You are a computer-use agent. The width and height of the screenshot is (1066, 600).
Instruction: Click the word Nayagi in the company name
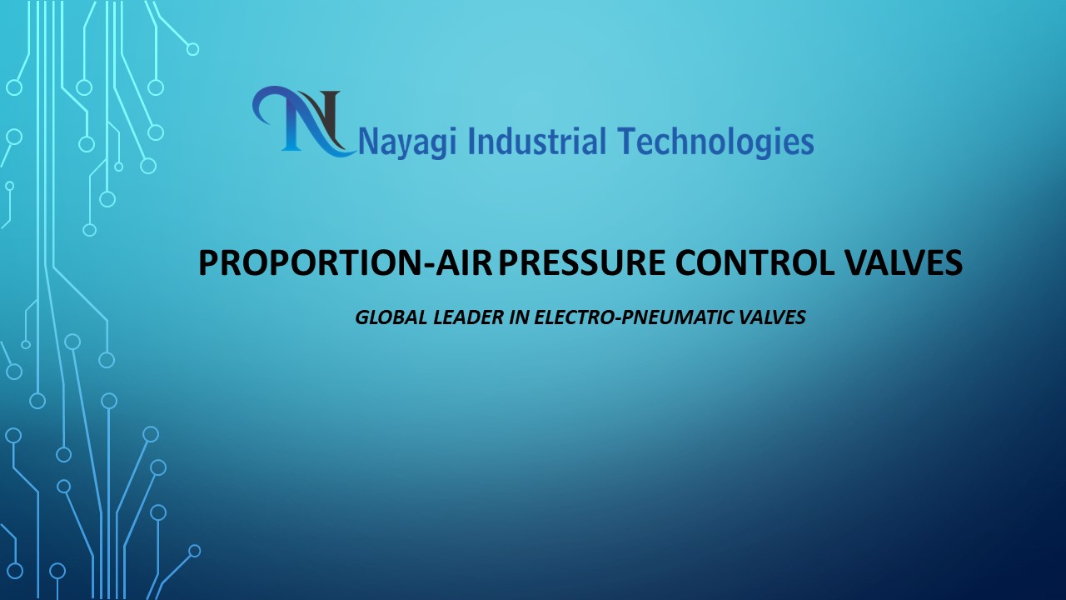click(x=408, y=142)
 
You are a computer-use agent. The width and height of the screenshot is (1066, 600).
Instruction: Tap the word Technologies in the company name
click(x=715, y=142)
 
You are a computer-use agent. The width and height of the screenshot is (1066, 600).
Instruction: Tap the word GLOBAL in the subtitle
click(x=385, y=317)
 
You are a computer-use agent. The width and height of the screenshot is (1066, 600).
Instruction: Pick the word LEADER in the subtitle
click(x=458, y=317)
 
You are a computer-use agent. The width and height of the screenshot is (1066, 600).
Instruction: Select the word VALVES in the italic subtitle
click(x=774, y=317)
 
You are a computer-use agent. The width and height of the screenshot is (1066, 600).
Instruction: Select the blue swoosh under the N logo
click(x=333, y=150)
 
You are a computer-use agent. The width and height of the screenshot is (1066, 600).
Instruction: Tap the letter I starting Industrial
click(x=471, y=141)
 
